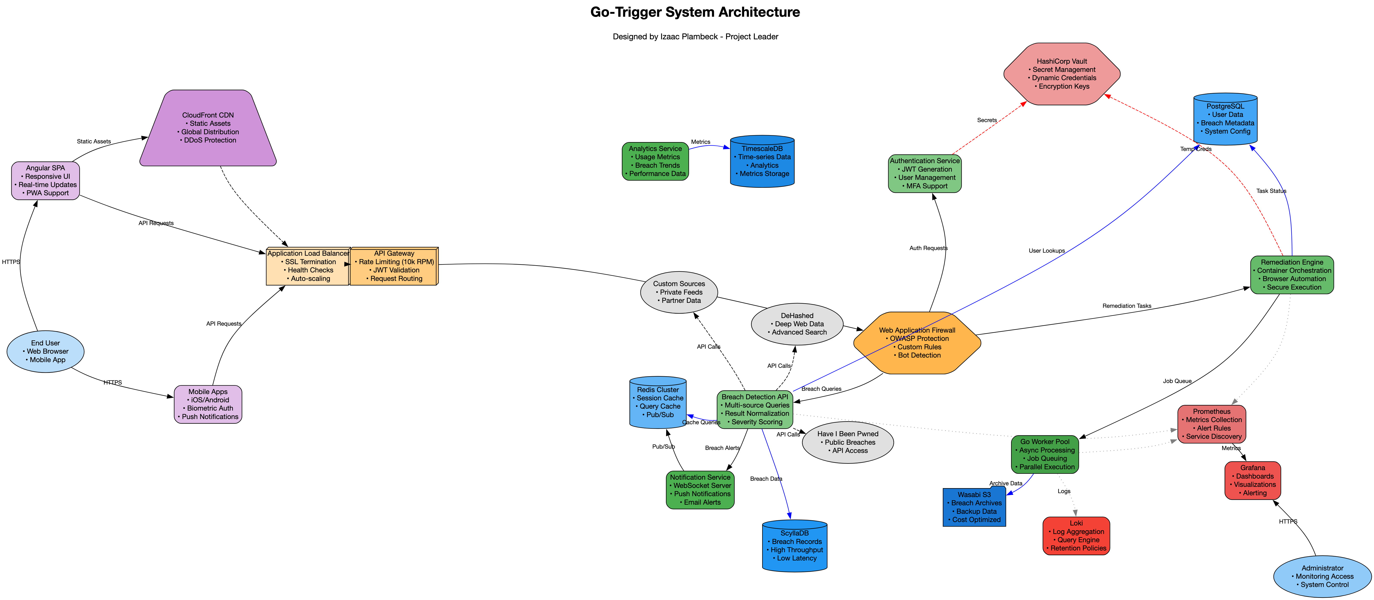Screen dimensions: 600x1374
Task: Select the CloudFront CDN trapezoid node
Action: click(x=208, y=128)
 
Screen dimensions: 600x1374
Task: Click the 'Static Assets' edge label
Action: click(x=94, y=141)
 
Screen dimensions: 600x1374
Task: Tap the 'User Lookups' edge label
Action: click(x=1046, y=251)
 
